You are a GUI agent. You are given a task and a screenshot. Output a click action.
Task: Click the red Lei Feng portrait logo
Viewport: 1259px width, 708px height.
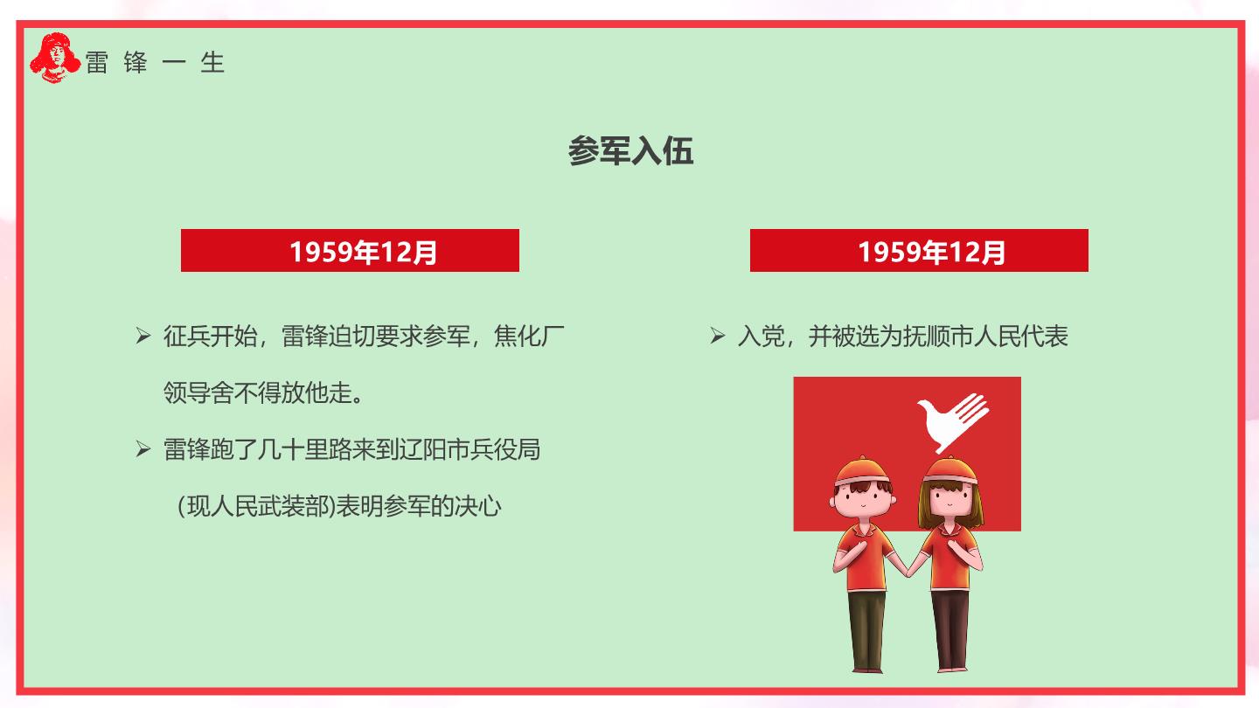pos(55,58)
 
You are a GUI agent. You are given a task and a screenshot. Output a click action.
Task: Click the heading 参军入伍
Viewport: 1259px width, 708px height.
pos(630,151)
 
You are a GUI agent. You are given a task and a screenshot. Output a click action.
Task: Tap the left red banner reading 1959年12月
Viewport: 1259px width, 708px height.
pos(350,251)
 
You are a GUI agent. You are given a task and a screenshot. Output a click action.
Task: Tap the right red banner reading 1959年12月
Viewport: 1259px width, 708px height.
pos(919,251)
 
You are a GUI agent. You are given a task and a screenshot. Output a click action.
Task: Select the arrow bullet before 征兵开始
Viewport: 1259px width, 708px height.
pos(143,336)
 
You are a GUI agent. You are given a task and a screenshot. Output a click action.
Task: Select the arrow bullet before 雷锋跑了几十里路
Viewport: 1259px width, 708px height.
pos(143,449)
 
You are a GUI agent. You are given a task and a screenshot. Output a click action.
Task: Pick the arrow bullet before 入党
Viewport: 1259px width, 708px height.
pos(717,336)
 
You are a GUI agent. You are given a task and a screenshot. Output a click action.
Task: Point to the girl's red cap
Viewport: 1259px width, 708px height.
pos(950,471)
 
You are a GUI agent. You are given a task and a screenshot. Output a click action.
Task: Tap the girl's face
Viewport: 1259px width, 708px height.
pos(949,502)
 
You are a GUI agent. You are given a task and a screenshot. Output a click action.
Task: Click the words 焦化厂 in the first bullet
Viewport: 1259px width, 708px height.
pos(529,336)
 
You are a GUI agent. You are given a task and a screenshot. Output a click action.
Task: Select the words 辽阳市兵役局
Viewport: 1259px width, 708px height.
pos(470,449)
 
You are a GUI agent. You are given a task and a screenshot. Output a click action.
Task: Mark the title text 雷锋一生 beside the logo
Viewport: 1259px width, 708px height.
pos(155,62)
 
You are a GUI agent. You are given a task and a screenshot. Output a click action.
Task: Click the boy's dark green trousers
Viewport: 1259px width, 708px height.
pos(866,629)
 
